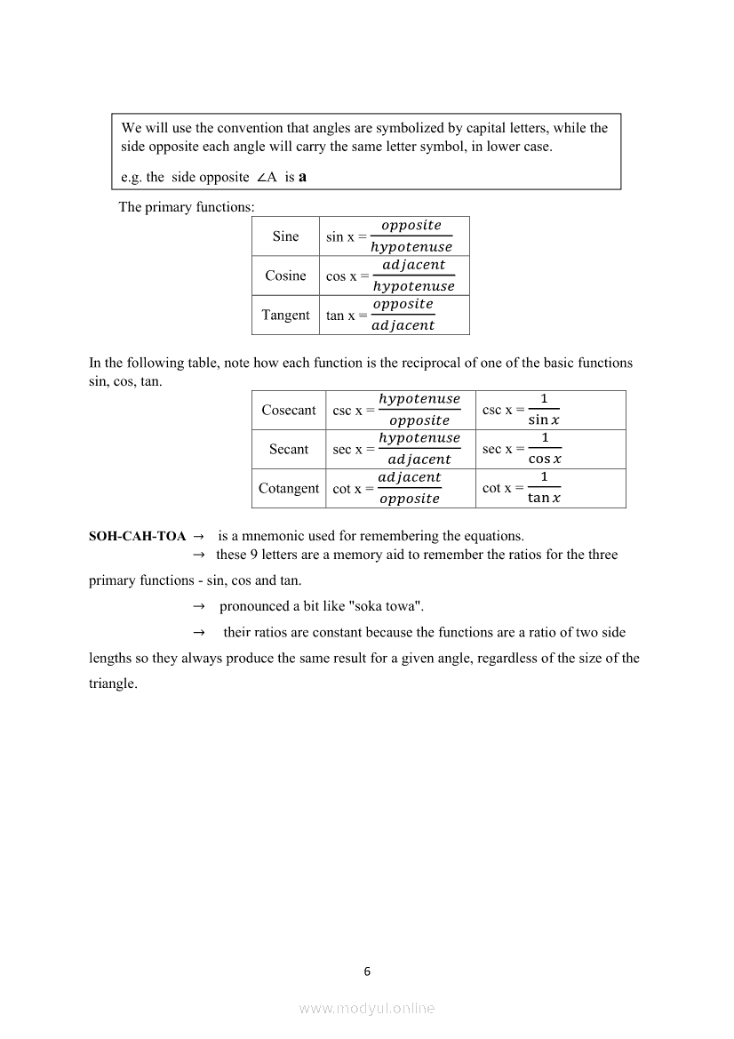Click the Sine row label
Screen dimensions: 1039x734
pos(285,236)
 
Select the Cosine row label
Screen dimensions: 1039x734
pos(285,276)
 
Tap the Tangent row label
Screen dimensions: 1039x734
pos(285,315)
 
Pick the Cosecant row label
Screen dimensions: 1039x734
pos(289,410)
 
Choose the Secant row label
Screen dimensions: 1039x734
pos(289,449)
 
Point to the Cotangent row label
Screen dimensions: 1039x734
pos(289,488)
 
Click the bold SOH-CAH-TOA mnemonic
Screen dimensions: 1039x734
pos(138,536)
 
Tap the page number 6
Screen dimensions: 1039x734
pos(367,971)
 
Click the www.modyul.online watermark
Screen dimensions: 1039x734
pos(367,1008)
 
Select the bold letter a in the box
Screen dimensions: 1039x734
pos(303,176)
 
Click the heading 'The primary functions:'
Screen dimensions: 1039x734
pos(187,207)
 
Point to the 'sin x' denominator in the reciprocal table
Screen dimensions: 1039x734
pos(544,420)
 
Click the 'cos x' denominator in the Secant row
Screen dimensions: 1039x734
pos(545,460)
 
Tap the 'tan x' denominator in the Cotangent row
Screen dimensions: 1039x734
pos(545,499)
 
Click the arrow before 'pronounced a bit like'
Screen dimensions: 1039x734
pos(199,606)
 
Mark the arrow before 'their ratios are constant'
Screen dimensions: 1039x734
pos(199,633)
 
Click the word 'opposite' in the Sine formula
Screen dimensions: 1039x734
pos(411,226)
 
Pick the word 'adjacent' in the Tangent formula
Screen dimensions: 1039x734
pos(403,325)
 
